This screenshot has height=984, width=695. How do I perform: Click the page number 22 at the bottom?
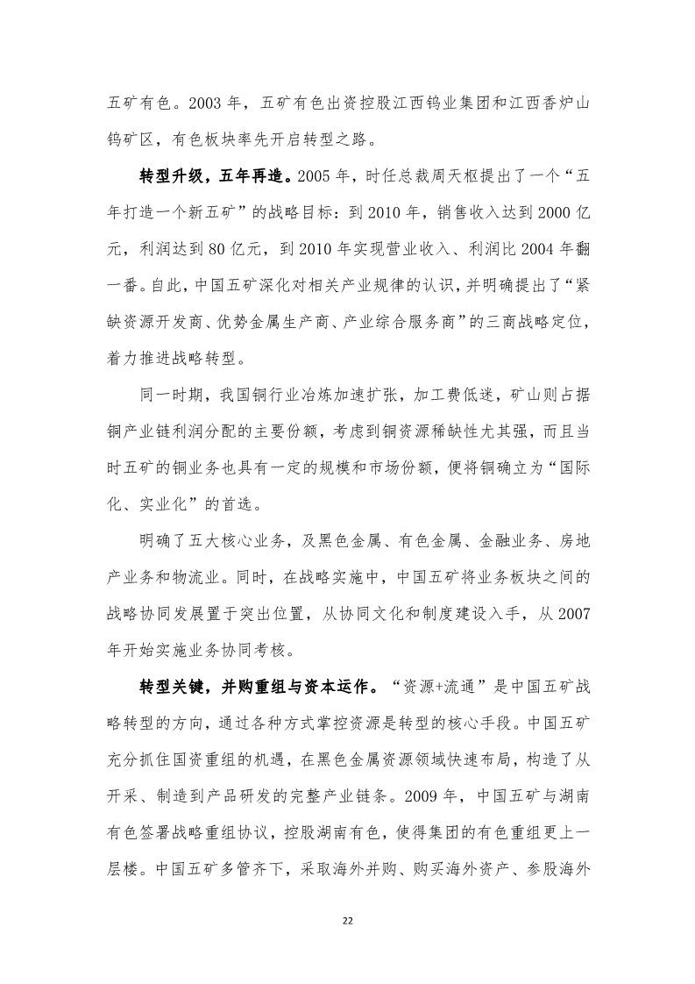pos(347,919)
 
